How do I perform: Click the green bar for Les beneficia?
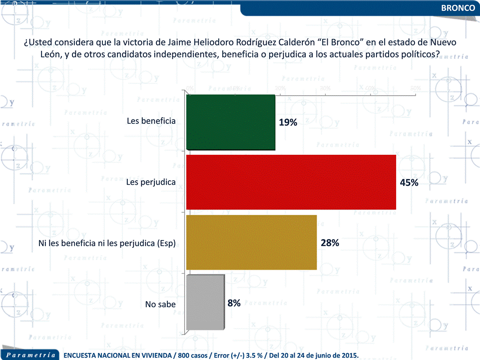point(231,122)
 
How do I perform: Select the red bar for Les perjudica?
point(291,182)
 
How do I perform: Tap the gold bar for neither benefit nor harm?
point(251,243)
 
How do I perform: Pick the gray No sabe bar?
point(205,303)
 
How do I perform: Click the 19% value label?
point(288,122)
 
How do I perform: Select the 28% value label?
point(330,243)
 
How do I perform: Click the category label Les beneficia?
point(151,121)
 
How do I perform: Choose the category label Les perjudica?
point(151,182)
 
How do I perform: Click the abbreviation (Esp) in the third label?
point(167,244)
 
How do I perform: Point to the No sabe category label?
point(160,304)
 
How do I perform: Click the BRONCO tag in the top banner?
point(458,8)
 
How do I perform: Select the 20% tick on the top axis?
point(280,88)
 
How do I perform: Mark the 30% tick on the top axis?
point(325,88)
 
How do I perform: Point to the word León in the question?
point(50,55)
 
